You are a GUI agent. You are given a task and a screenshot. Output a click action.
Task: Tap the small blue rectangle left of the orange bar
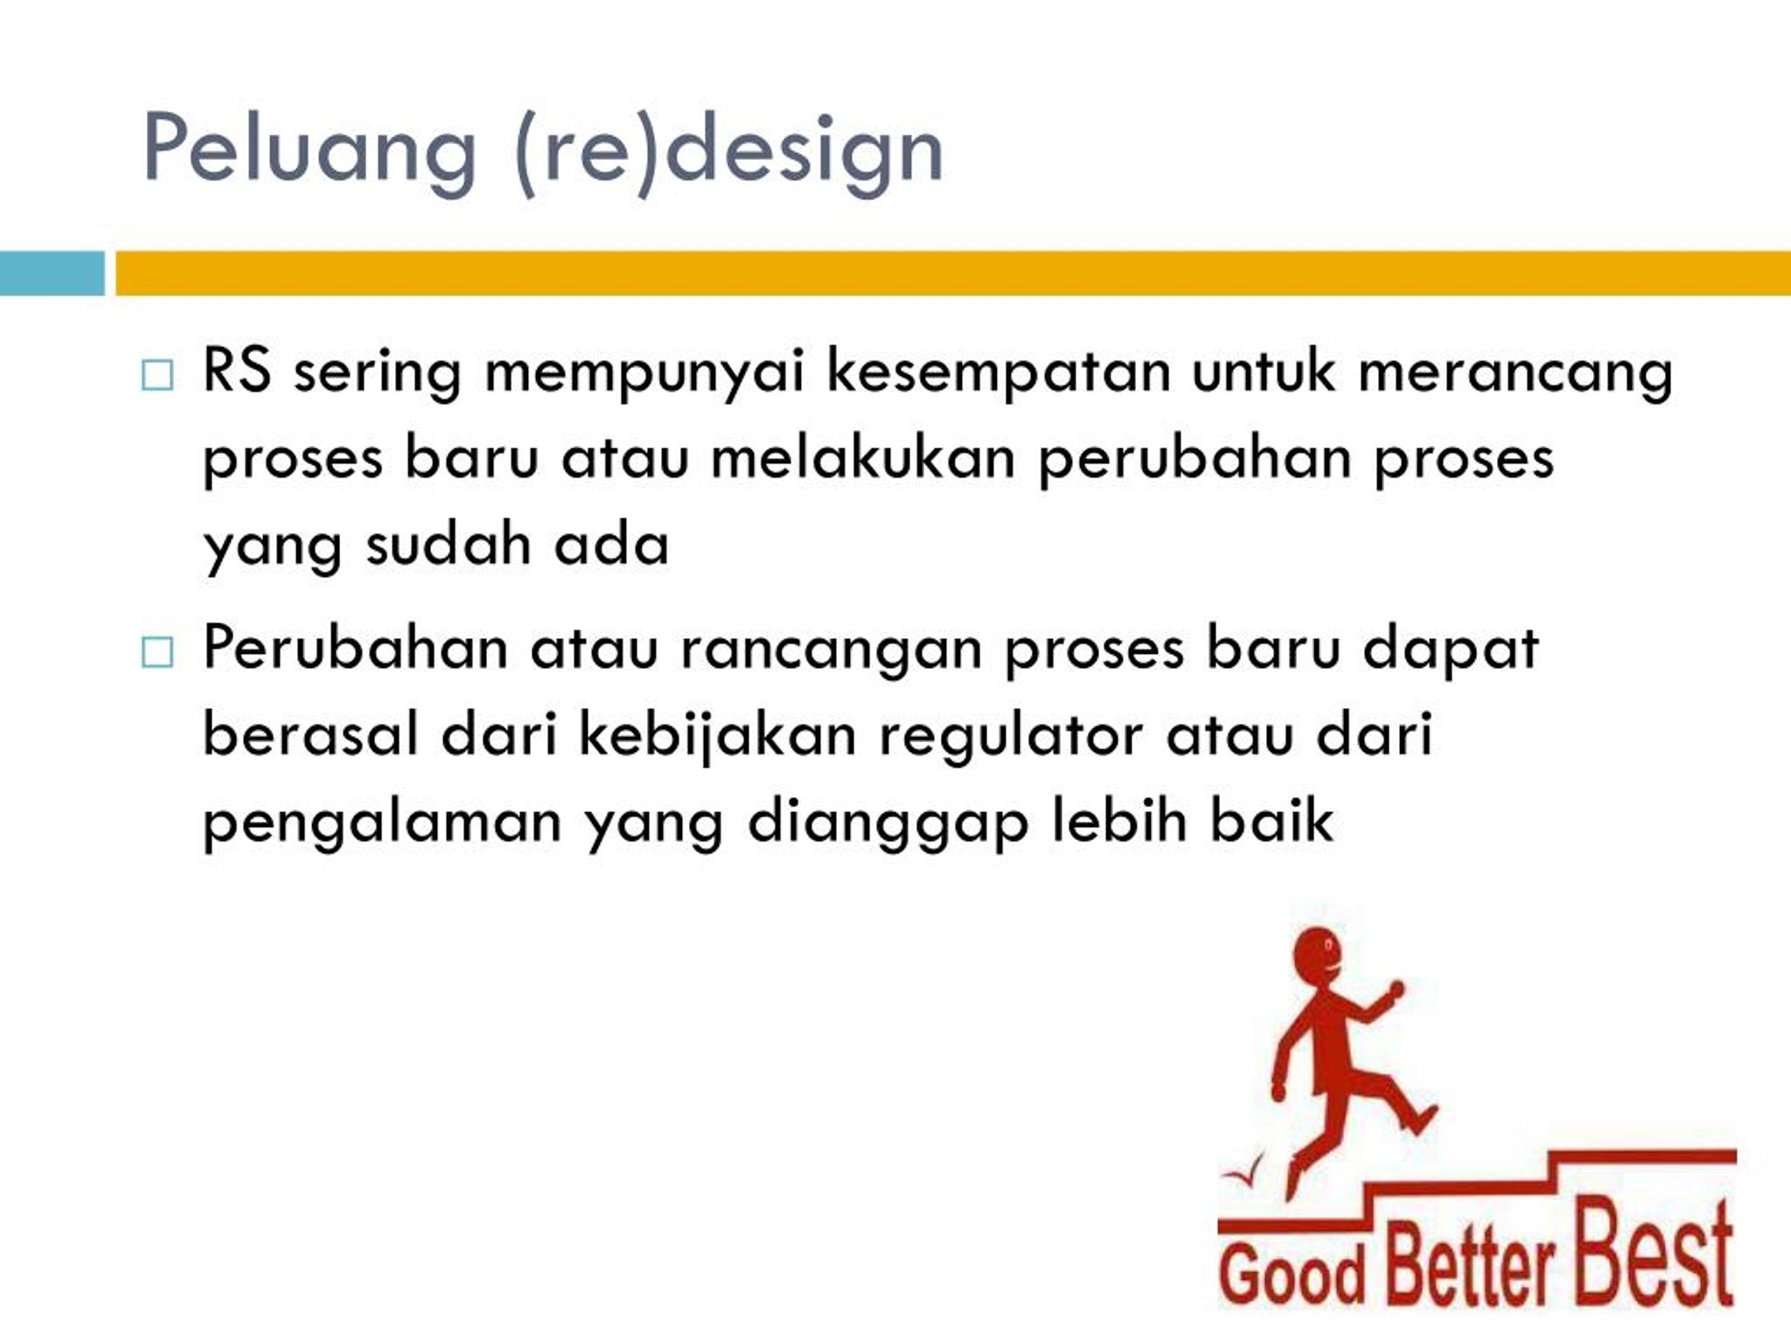click(52, 273)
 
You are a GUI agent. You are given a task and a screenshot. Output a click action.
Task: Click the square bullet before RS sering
click(157, 376)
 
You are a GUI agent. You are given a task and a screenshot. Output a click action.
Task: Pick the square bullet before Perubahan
click(157, 652)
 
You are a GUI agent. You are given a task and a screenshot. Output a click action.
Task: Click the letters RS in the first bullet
click(236, 370)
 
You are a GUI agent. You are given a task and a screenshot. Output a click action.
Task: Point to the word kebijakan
click(717, 737)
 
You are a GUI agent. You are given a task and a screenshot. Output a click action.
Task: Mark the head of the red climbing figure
click(1317, 954)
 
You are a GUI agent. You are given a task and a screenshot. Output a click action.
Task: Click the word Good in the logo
click(1292, 1276)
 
